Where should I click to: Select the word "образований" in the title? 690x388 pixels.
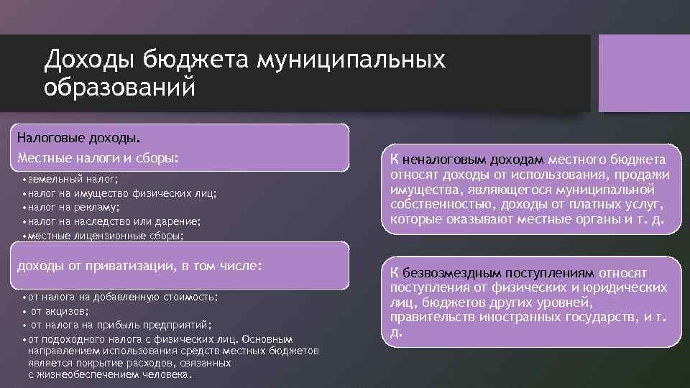click(119, 88)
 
